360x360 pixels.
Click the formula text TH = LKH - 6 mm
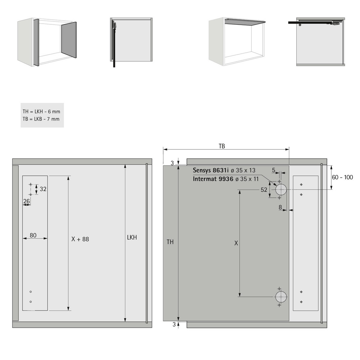click(41, 112)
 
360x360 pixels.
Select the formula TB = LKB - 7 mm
click(41, 119)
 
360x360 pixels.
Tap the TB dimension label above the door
click(222, 146)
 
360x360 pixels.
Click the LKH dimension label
click(132, 237)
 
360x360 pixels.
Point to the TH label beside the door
click(170, 242)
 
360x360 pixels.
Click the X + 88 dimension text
click(80, 239)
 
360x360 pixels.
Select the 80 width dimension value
click(33, 235)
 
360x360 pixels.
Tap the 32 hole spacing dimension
click(43, 189)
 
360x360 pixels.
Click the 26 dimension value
click(27, 201)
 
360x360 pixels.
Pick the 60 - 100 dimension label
click(342, 177)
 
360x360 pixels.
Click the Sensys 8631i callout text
click(211, 170)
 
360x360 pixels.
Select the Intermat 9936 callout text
click(213, 179)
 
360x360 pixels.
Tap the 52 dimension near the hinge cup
click(264, 190)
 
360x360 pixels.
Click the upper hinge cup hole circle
click(281, 190)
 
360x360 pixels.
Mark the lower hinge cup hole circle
click(281, 297)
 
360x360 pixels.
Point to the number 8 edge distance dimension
click(280, 207)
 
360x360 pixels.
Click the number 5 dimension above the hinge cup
click(273, 170)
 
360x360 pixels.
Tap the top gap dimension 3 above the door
click(172, 163)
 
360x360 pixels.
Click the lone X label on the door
click(236, 243)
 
